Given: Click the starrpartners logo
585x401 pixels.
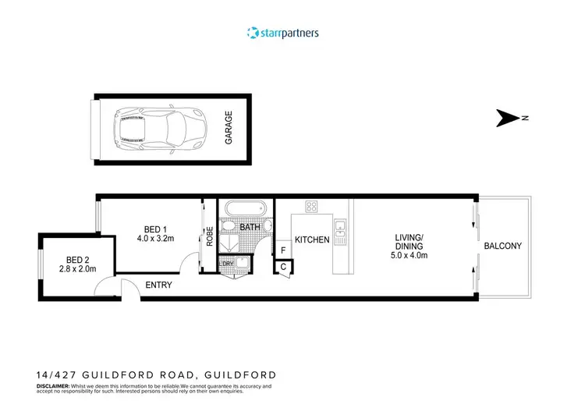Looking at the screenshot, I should pos(282,33).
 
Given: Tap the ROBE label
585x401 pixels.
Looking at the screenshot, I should pos(209,236).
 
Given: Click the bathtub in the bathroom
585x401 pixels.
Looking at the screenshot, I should pos(245,210).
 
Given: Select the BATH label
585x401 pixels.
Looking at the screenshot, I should pos(250,227).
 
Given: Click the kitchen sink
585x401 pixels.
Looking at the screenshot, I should pos(341,229).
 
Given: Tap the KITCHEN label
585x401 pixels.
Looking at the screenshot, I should pos(312,240).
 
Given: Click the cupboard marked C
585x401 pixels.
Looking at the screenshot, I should pos(282,267).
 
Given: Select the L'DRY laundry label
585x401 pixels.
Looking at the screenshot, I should pos(227,263).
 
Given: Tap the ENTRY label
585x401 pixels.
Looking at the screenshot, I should pos(159,286).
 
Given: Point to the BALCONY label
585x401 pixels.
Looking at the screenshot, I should pos(503,246).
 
